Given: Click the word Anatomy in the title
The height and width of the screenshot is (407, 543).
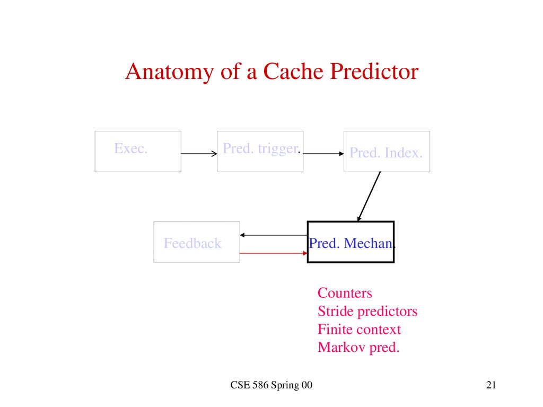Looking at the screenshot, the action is pos(169,73).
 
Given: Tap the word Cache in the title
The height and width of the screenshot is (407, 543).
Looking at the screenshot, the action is pos(293,72).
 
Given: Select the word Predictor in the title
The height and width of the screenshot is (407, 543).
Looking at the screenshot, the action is pos(374,72).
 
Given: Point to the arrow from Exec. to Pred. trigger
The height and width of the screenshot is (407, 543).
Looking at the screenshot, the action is pos(199,154).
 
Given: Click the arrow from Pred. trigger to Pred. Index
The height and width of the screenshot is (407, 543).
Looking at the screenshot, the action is pos(323,154).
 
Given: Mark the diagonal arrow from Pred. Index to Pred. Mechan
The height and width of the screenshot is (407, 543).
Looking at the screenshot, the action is pos(369,196).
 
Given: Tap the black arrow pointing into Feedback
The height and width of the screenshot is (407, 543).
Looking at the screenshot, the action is pos(274,235).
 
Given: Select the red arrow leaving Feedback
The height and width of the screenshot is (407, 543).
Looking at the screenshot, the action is pos(274,253).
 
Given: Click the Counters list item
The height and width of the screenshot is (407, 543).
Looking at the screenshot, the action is pos(345,293).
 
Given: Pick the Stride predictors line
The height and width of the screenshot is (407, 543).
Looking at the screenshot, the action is pos(367,312).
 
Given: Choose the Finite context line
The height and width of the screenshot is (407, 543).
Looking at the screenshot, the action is pos(359,329).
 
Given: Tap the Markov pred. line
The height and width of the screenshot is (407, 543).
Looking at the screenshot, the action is pos(358,348).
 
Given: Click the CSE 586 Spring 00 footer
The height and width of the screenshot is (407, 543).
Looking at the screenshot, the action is pos(271,385).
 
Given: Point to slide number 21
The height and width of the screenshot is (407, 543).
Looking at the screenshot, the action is pos(491,385).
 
